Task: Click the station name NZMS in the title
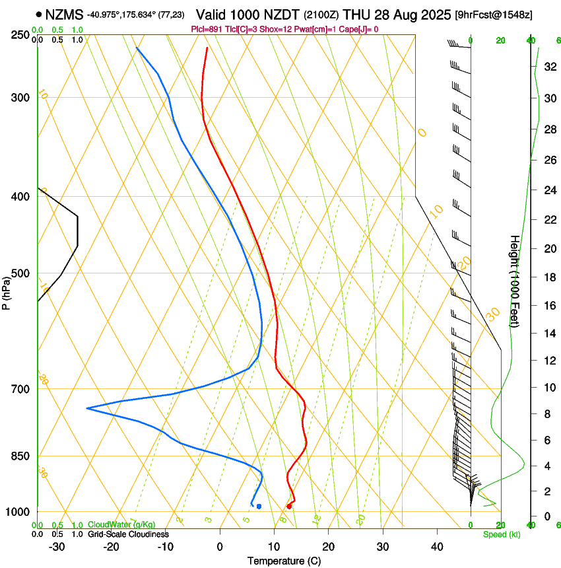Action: (x=65, y=14)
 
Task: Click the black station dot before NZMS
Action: (x=40, y=14)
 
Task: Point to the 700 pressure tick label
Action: (x=20, y=389)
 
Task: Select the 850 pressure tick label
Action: (x=20, y=456)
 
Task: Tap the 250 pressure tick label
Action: (x=20, y=35)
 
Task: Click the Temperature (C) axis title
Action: (x=284, y=561)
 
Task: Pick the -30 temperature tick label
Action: (x=57, y=547)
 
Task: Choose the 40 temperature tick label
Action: (x=437, y=547)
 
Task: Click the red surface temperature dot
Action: (x=289, y=507)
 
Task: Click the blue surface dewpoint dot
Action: (x=259, y=507)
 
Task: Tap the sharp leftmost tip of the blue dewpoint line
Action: (x=87, y=409)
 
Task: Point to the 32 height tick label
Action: (x=548, y=67)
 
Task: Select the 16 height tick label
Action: (x=548, y=306)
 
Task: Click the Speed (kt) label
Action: (x=501, y=534)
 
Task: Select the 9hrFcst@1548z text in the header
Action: (x=494, y=15)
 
